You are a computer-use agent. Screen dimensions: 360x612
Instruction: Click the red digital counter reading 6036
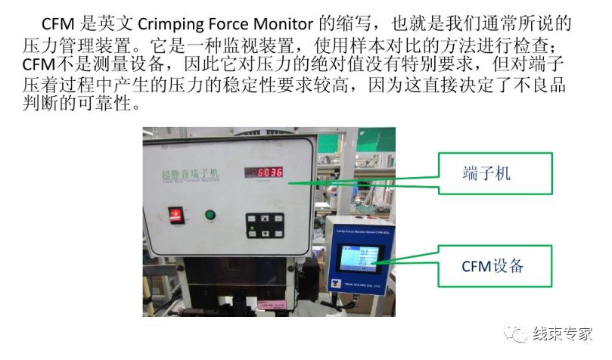(264, 172)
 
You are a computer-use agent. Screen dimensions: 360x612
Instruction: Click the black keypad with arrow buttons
(261, 225)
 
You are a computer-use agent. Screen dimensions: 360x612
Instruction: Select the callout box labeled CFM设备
(496, 265)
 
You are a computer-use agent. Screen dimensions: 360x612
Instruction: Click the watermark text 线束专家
(563, 334)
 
